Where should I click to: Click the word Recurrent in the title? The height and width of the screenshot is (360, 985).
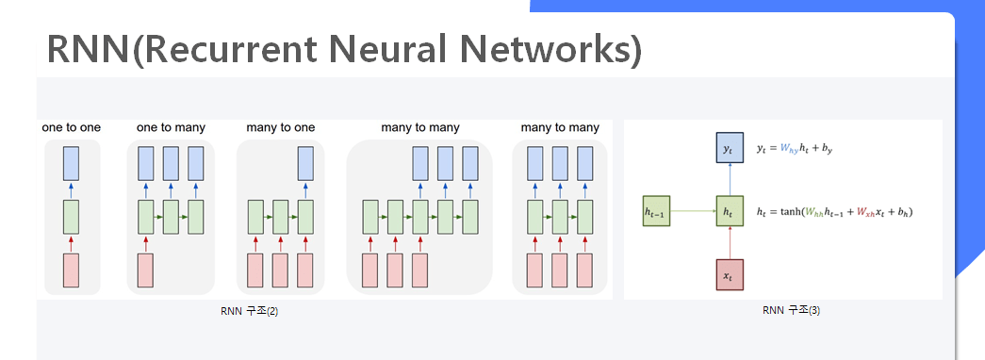click(233, 48)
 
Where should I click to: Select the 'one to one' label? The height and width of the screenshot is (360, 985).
click(71, 128)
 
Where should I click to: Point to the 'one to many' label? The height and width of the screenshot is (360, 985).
click(171, 128)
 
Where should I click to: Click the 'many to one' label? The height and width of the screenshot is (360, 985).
click(280, 128)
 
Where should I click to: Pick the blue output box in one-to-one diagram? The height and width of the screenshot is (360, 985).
click(71, 163)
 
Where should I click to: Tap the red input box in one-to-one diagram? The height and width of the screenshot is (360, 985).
click(71, 270)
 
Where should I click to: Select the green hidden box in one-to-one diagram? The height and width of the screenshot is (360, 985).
click(71, 218)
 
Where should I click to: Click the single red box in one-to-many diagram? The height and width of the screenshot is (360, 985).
click(146, 270)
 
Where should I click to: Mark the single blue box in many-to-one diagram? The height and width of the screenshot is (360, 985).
click(305, 163)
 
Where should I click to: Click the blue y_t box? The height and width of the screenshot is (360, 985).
click(730, 148)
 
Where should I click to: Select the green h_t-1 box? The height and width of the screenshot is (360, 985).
click(656, 211)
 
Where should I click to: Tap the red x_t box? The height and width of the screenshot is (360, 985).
click(730, 274)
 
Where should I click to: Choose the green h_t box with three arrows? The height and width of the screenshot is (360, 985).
click(730, 211)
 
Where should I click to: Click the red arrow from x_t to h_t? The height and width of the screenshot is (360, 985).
click(730, 243)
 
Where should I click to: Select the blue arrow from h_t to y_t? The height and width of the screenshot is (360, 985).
click(730, 180)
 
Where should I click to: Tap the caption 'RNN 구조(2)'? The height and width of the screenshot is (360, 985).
click(250, 311)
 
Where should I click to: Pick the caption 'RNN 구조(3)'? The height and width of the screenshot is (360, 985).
click(791, 310)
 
